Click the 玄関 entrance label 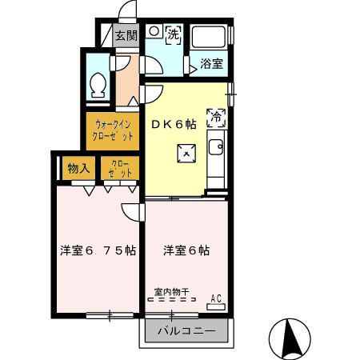click(x=126, y=35)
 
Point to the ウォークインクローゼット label click(x=113, y=130)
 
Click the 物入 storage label click(x=78, y=168)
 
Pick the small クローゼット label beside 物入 click(x=119, y=168)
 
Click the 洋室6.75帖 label click(x=97, y=250)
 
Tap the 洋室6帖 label click(x=186, y=250)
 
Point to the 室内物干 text click(x=172, y=292)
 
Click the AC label click(x=214, y=298)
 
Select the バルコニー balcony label click(x=186, y=330)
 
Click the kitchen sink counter click(x=215, y=156)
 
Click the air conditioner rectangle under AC click(x=214, y=306)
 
